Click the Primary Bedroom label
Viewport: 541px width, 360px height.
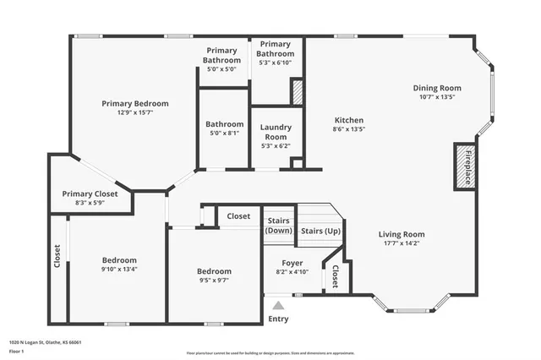(135, 103)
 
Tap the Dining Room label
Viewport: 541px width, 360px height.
(437, 88)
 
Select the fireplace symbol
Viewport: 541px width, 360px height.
(463, 165)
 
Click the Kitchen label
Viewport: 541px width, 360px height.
(349, 120)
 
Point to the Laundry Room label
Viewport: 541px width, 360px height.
(276, 132)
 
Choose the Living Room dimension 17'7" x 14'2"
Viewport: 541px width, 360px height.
(401, 244)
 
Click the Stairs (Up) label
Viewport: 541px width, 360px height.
(320, 230)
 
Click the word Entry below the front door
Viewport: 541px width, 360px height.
(278, 319)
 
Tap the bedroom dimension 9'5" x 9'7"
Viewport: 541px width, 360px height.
(214, 281)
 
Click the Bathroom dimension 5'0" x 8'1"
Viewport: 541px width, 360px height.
(226, 133)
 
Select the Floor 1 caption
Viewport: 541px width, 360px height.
(17, 351)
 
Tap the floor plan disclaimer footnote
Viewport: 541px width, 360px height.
(270, 352)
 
